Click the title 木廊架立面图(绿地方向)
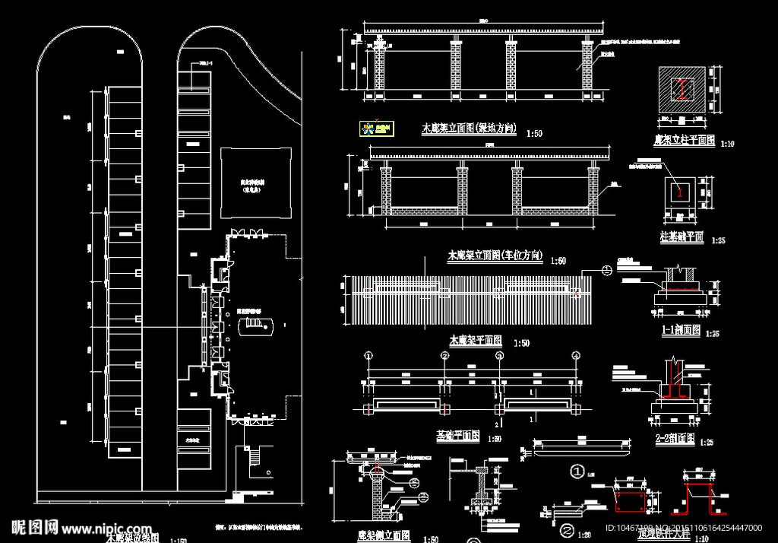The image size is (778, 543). click(469, 129)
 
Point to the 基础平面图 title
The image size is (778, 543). click(457, 436)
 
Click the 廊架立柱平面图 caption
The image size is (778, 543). click(684, 140)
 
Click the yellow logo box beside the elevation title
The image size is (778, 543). click(375, 128)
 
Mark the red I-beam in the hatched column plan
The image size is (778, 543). click(684, 90)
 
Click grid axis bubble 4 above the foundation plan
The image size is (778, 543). click(576, 356)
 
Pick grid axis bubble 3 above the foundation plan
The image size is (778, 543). click(499, 356)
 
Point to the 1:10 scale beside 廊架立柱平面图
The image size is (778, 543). click(727, 143)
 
